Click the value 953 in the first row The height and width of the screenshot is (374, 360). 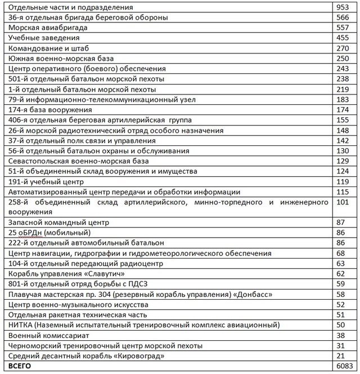343,7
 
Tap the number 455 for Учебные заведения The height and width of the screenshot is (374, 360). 343,38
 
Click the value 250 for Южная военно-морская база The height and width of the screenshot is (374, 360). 343,59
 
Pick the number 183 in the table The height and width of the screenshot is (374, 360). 343,100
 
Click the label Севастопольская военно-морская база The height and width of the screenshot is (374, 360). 79,161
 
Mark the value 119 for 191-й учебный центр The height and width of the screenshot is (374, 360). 343,182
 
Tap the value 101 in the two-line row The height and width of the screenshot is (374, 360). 343,202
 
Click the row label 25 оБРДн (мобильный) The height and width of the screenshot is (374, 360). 49,233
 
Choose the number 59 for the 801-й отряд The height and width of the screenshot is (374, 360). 340,284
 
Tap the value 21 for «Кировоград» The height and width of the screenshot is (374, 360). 340,355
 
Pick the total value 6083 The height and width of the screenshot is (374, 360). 343,366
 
